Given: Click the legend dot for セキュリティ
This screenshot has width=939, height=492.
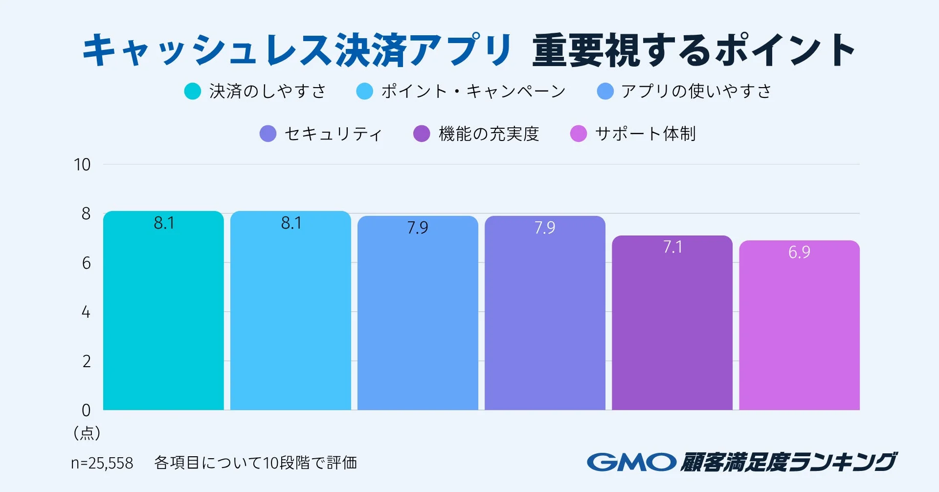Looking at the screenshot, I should click(x=268, y=134).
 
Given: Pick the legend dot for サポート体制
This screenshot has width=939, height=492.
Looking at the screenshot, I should click(x=579, y=134).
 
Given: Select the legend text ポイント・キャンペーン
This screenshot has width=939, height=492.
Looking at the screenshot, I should click(x=473, y=91).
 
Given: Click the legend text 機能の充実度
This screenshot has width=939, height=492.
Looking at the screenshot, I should click(x=489, y=134).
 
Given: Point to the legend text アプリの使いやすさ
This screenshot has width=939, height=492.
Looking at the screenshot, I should click(x=696, y=91).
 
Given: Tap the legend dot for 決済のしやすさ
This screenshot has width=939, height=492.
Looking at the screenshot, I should click(x=193, y=91).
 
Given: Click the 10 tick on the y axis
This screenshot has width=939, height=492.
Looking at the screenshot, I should click(x=82, y=164).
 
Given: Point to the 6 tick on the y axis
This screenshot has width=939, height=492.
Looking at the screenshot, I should click(x=86, y=263).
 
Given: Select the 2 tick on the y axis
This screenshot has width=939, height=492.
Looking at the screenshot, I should click(x=86, y=361).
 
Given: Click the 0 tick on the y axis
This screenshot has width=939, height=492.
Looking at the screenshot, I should click(x=86, y=410).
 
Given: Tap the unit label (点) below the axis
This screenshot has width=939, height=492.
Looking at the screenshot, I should click(x=87, y=433).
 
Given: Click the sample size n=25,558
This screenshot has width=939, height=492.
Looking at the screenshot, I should click(x=102, y=463).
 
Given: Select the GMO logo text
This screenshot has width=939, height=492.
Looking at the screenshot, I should click(x=631, y=462).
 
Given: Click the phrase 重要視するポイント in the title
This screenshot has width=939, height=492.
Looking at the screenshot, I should click(x=693, y=50).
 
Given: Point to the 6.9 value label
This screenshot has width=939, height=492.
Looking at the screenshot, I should click(x=799, y=252).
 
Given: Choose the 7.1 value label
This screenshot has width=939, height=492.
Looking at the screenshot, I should click(x=672, y=247).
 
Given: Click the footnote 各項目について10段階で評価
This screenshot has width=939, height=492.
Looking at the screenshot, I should click(x=255, y=463).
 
